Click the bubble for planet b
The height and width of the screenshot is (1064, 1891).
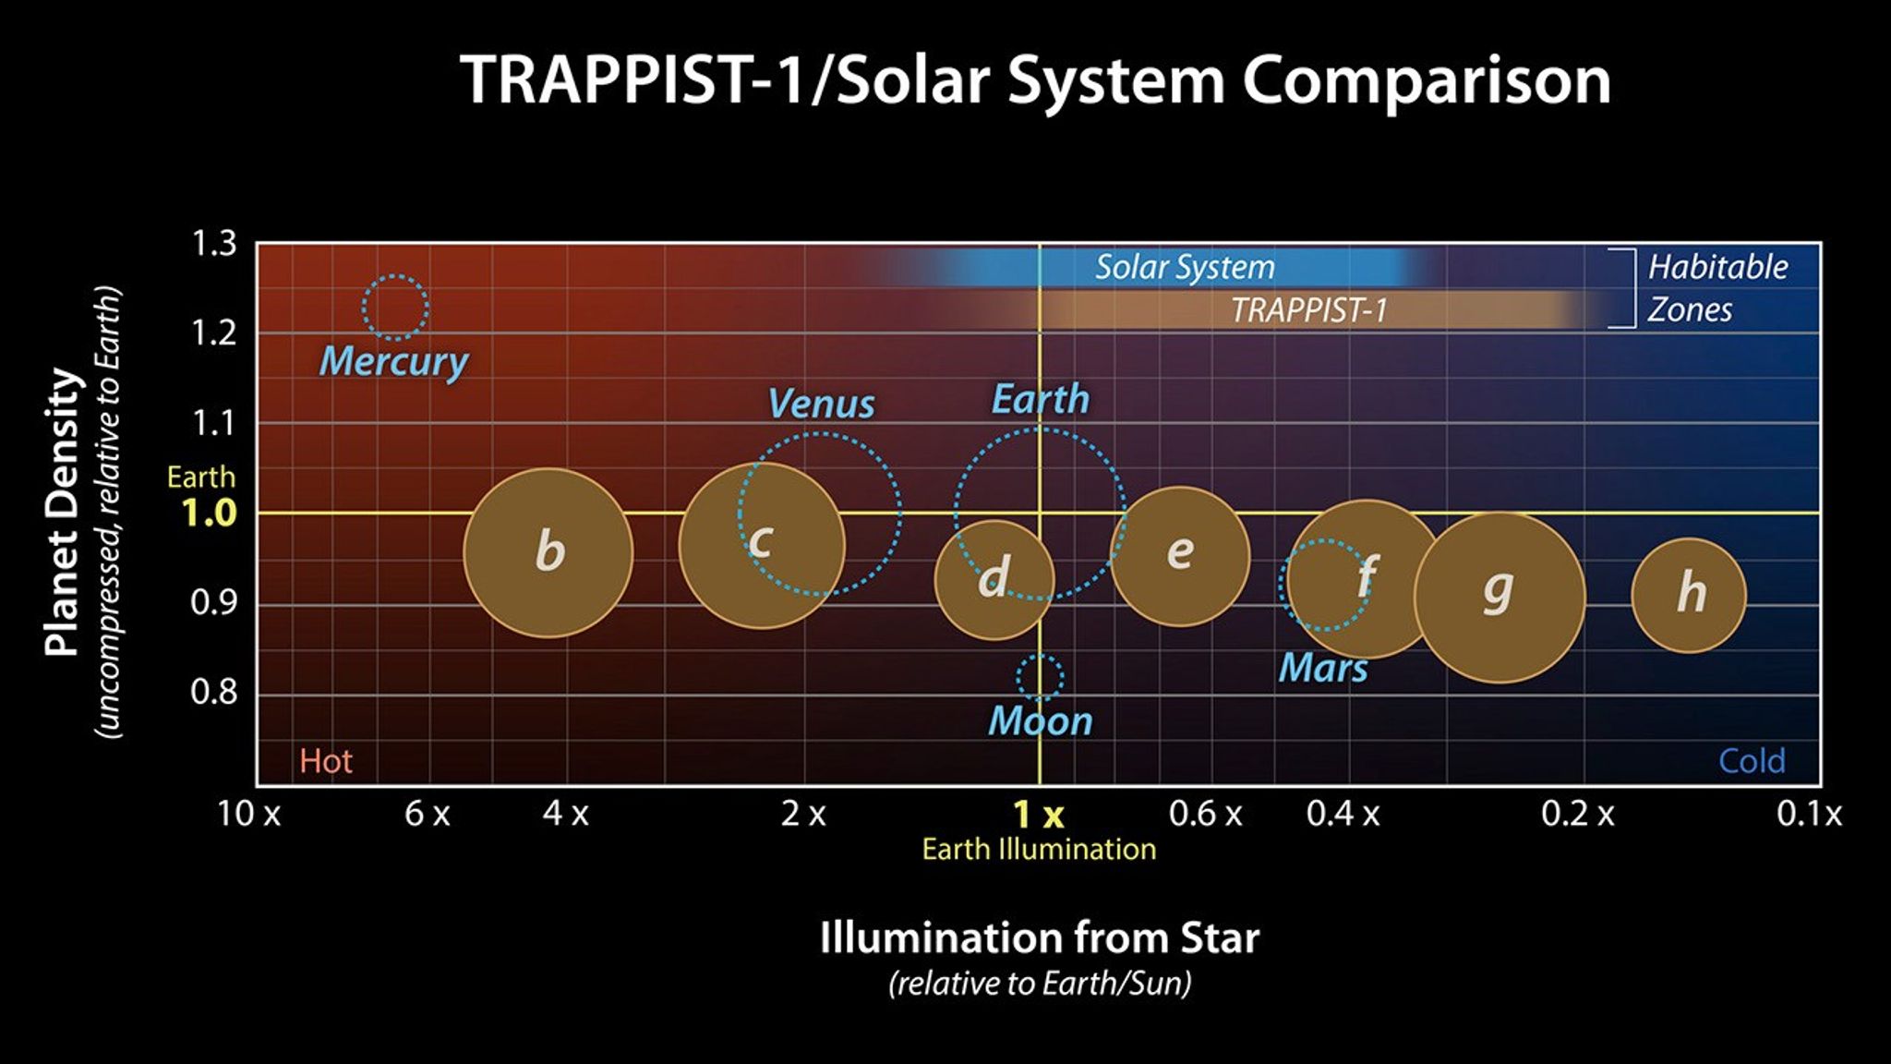548,552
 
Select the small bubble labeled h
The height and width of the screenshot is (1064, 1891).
1689,595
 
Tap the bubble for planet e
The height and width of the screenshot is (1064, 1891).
1179,555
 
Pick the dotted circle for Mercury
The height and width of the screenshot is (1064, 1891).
395,307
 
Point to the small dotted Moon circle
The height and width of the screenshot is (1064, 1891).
1040,677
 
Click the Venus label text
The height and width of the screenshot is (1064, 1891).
821,405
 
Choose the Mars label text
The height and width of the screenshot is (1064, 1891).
1322,668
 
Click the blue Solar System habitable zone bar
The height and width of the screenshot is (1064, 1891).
1185,267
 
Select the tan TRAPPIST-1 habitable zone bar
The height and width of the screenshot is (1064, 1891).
1308,310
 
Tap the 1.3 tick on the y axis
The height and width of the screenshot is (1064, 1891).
213,245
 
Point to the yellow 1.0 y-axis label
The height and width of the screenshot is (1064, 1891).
209,514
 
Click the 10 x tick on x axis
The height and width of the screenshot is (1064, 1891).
248,815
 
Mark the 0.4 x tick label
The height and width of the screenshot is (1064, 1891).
1343,815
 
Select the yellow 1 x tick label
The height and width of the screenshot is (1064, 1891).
1039,815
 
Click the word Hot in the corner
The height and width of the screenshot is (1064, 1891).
325,761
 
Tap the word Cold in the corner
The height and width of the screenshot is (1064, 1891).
1751,761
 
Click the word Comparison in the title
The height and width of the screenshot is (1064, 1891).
1427,80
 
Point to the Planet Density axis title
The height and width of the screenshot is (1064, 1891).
62,513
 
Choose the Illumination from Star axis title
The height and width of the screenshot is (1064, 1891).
1039,938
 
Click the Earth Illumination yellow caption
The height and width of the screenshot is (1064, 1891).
1039,850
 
